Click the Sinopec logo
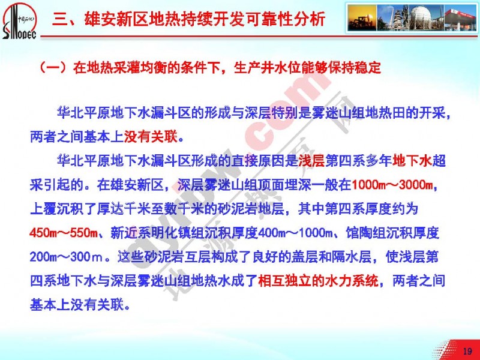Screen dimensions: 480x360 point(19,21)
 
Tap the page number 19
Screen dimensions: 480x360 point(467,351)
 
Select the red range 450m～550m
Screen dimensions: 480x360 point(64,233)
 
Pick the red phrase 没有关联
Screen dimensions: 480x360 point(151,137)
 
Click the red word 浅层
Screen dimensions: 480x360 point(311,161)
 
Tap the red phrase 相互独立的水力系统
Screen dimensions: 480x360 point(318,281)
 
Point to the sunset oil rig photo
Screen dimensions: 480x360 point(362,17)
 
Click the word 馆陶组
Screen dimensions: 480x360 point(366,233)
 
